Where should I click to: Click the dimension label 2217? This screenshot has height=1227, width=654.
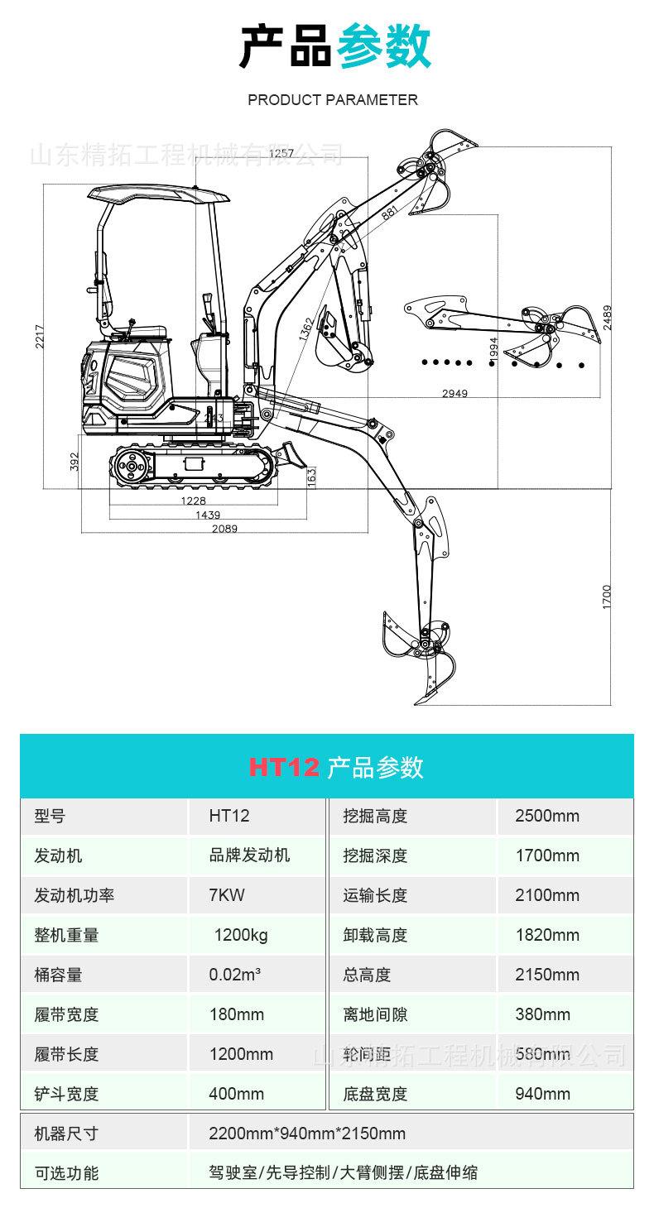point(40,335)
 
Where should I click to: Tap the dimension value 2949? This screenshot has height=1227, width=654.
point(454,393)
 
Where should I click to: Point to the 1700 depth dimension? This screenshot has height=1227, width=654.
point(606,597)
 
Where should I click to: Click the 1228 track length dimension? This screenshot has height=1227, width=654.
point(193,500)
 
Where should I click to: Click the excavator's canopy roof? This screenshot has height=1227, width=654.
point(157,195)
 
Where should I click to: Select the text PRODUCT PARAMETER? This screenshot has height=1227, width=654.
point(333,100)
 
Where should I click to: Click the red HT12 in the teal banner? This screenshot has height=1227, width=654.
point(284,767)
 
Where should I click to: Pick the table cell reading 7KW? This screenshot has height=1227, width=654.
point(227,895)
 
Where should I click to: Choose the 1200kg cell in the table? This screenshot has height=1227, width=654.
point(240,935)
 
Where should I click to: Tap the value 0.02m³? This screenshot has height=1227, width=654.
point(235,975)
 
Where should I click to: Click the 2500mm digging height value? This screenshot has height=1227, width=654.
point(546,816)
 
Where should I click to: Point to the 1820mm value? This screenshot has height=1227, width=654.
point(546,935)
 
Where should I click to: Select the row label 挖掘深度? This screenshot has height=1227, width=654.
point(375,856)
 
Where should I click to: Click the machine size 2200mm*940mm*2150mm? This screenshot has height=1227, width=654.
point(307,1134)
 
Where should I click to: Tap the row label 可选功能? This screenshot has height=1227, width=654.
point(66,1172)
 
